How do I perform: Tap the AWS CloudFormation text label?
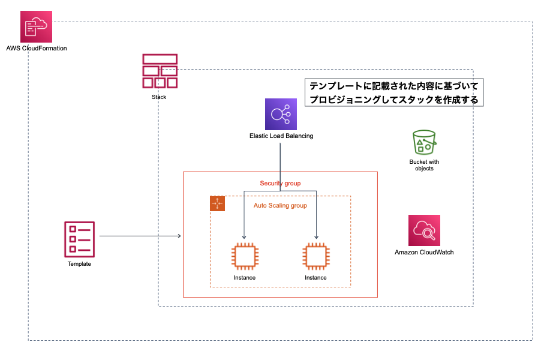[x=37, y=48]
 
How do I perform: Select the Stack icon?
[x=160, y=71]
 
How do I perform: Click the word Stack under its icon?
[x=159, y=97]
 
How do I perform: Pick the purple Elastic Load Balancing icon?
[x=281, y=114]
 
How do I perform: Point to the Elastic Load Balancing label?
[x=281, y=136]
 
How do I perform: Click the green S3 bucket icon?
[x=425, y=143]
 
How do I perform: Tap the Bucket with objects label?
[x=424, y=165]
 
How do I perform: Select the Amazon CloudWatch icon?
[x=424, y=230]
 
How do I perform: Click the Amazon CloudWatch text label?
[x=424, y=253]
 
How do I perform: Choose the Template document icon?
[x=79, y=238]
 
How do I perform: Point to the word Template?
[x=79, y=264]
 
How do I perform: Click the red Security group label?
[x=280, y=183]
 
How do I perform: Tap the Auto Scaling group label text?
[x=280, y=206]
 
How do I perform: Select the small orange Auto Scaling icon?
[x=217, y=203]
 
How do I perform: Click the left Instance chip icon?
[x=244, y=256]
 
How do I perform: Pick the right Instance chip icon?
[x=315, y=256]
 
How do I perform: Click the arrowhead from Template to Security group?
[x=179, y=236]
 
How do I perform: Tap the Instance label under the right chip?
[x=315, y=278]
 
